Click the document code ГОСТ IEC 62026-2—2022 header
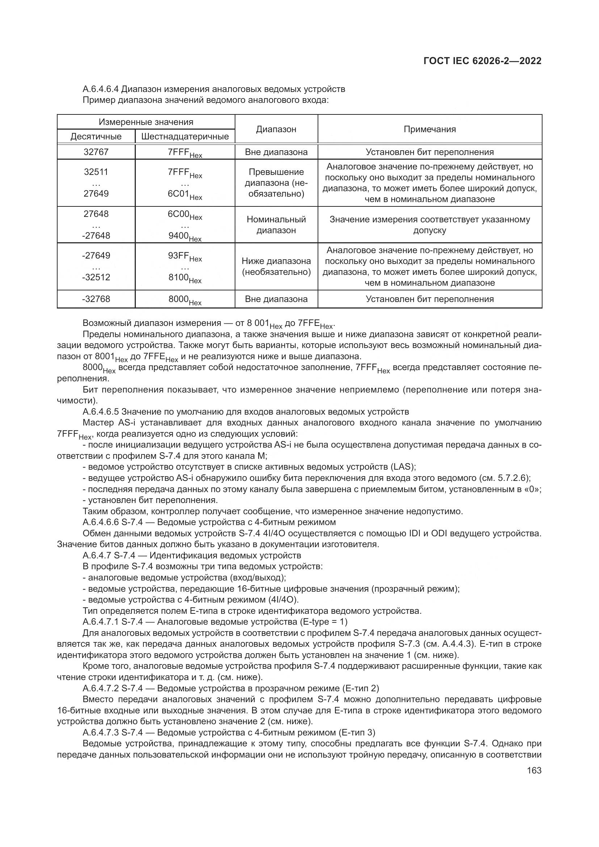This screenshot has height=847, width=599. (x=482, y=61)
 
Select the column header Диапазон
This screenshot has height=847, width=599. (x=276, y=129)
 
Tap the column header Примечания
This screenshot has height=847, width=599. (x=430, y=129)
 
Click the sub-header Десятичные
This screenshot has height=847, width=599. (x=96, y=137)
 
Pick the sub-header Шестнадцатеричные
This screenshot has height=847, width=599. (x=185, y=137)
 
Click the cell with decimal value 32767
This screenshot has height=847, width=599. (x=96, y=152)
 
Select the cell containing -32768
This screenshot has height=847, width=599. (x=96, y=299)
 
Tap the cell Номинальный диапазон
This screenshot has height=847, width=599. (x=276, y=225)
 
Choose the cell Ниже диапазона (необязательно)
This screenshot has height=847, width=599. (x=276, y=267)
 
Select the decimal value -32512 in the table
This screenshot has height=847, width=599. (x=96, y=277)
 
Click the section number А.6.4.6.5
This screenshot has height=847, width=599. (x=101, y=411)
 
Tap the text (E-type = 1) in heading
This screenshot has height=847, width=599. (x=324, y=622)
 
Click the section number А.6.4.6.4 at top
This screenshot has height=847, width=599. (x=101, y=89)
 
